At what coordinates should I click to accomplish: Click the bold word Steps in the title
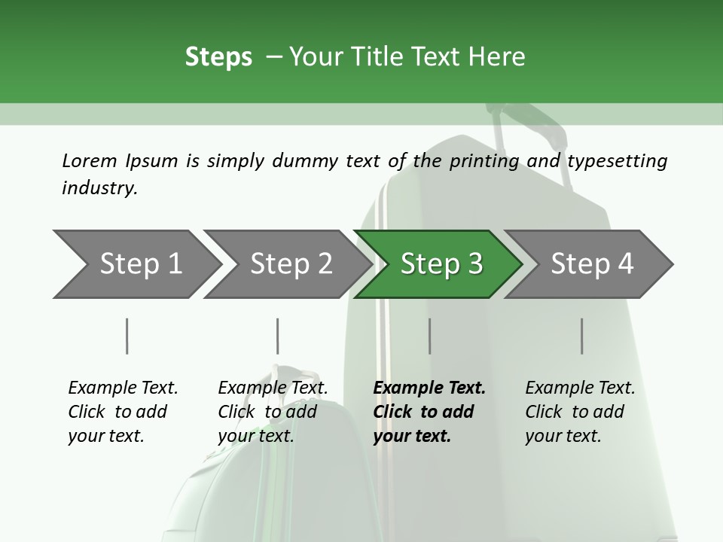218,57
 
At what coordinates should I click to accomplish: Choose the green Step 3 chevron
441,264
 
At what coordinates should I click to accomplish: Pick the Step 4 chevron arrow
591,264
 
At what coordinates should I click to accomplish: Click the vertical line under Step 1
127,336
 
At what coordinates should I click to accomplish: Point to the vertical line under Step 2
277,336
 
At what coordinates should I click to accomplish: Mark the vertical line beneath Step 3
429,336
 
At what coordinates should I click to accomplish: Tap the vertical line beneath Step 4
581,336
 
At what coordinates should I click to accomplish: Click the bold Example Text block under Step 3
428,412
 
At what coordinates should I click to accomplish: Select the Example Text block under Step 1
123,412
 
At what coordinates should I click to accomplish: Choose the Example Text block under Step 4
579,412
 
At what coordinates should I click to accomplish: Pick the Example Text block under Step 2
273,412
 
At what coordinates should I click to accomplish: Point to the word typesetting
617,161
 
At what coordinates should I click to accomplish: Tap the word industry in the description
99,187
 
